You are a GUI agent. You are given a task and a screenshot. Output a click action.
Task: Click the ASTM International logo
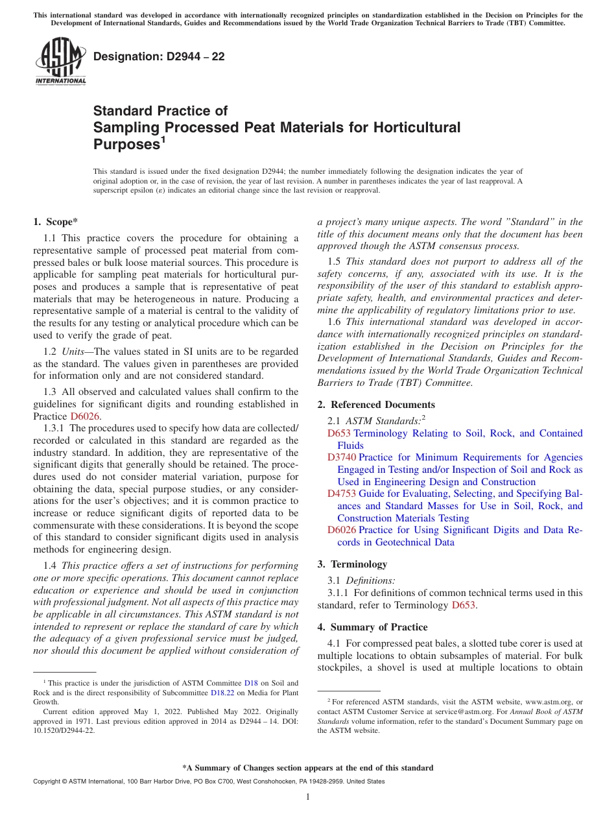(60, 62)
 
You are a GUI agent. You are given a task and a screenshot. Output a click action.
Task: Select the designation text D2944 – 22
(159, 56)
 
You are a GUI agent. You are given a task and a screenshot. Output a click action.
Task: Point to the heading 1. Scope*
(55, 222)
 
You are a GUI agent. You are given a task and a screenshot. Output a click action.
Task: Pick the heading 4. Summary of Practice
(372, 627)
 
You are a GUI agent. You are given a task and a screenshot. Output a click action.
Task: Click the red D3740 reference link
(342, 457)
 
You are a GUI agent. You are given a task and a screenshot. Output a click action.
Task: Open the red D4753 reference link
(342, 494)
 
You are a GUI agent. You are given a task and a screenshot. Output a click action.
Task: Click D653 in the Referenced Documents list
(339, 433)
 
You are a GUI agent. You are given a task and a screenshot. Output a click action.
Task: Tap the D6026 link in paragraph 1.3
(85, 416)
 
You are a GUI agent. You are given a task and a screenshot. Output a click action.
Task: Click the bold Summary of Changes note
(307, 768)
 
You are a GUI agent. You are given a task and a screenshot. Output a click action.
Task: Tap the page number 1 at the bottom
(308, 796)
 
